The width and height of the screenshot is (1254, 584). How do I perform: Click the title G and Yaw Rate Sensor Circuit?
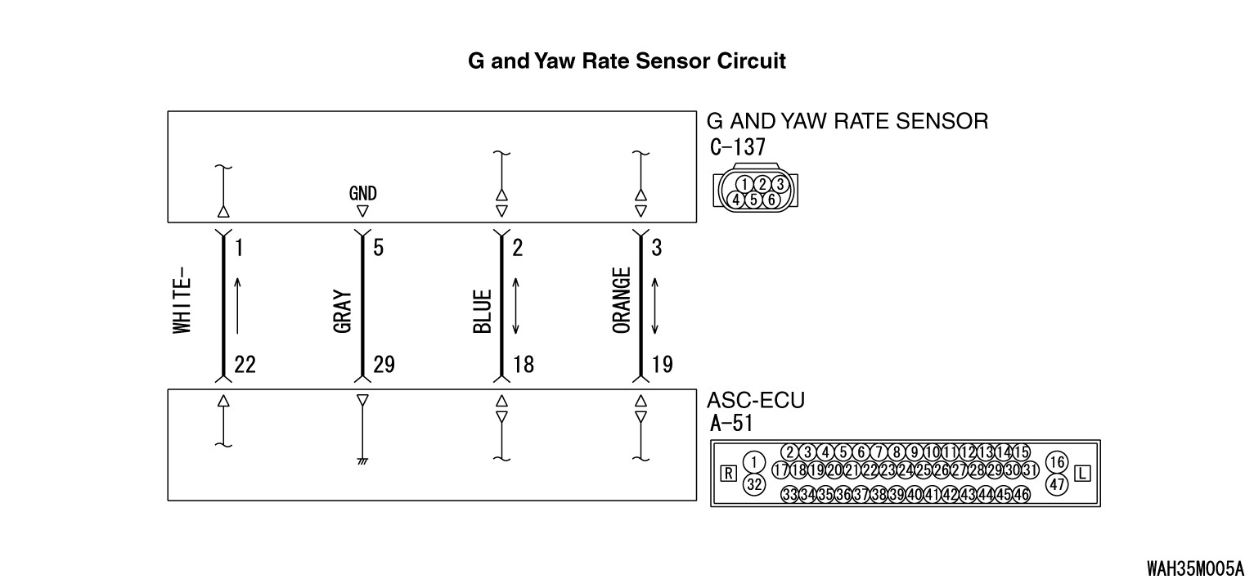coord(627,61)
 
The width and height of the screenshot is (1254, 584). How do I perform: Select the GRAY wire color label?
coord(343,312)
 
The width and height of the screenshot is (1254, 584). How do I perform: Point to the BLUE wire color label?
coord(482,312)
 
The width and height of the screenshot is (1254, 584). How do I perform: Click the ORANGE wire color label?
coord(622,300)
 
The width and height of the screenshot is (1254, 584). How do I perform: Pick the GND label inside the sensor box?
coord(362,193)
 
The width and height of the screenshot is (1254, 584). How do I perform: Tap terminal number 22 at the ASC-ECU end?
coord(245,365)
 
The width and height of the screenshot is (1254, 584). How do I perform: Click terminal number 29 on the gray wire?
coord(384,365)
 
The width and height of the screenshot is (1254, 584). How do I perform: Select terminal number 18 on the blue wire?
coord(524,365)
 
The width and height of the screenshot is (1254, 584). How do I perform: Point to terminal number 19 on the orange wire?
coord(663,365)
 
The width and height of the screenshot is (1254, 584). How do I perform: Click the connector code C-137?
coord(737,146)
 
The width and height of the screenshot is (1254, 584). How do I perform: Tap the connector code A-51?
coord(731,423)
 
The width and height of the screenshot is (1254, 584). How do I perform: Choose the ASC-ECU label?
coord(756,400)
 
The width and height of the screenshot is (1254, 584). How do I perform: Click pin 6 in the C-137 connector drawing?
coord(771,200)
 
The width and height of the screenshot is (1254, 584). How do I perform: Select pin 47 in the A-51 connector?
coord(1057,483)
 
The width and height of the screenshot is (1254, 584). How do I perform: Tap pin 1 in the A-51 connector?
coord(754,462)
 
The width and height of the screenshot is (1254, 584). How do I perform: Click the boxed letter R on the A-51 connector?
coord(728,474)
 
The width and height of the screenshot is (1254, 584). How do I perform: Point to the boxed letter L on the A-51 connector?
coord(1082,474)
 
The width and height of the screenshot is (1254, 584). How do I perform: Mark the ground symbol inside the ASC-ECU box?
coord(362,461)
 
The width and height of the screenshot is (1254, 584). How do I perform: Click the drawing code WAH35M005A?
coord(1195,568)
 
